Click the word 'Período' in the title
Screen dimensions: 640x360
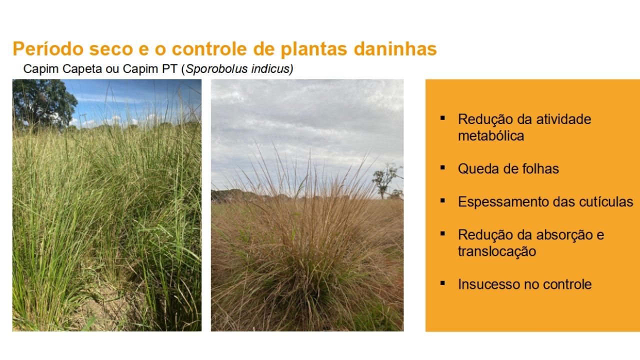point(48,49)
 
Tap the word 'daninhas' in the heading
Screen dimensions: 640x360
point(395,49)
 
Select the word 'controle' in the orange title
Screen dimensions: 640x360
point(209,49)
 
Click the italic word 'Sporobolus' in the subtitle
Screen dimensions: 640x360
point(216,69)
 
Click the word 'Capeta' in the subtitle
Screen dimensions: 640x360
point(82,69)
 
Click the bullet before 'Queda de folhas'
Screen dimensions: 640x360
point(442,167)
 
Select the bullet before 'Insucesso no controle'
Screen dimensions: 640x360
point(442,283)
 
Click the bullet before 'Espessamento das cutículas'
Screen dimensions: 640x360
point(442,200)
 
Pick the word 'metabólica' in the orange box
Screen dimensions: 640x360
point(491,135)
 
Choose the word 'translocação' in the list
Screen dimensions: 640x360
point(497,251)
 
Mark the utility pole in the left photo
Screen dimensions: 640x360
point(83,120)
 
